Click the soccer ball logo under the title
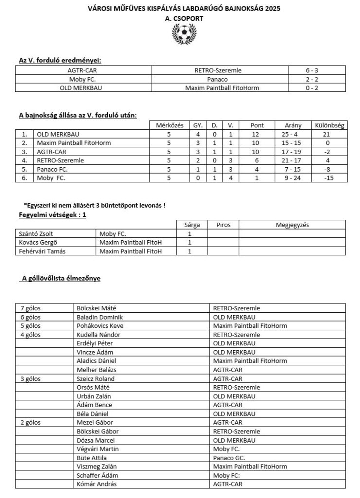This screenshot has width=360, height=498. tap(183, 34)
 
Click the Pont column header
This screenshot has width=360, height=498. tap(257, 125)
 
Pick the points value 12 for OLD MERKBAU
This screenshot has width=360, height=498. tap(257, 134)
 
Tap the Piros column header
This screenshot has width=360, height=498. tap(223, 225)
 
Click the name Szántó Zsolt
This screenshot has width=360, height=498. tap(32, 234)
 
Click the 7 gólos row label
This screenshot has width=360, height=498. tap(30, 308)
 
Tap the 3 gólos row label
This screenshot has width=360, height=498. tap(30, 378)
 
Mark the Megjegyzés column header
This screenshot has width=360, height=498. tap(292, 225)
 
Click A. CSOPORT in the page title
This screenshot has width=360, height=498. tap(183, 18)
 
